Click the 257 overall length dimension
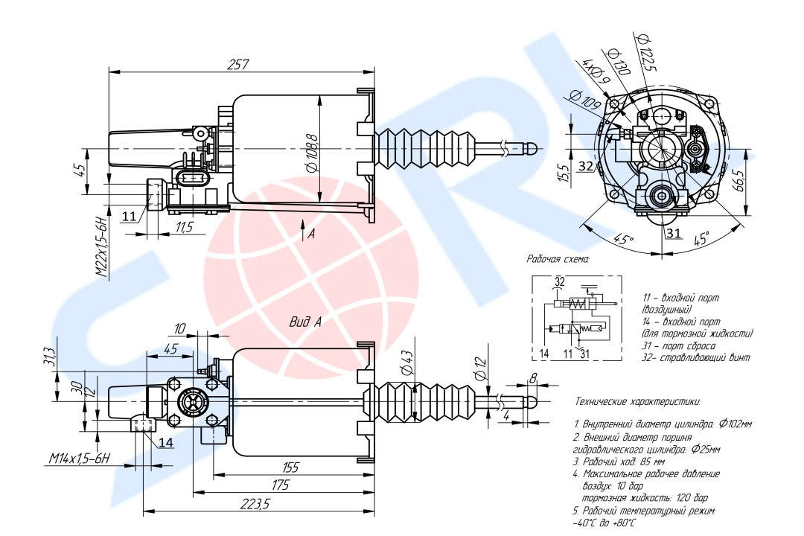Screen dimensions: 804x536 [238, 65]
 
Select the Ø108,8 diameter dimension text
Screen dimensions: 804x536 [312, 153]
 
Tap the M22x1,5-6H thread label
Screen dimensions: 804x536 [103, 247]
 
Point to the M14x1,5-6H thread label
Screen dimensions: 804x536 [80, 458]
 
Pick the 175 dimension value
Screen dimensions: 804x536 [280, 485]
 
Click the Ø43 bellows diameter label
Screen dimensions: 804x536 [405, 363]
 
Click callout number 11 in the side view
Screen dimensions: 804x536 [129, 216]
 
